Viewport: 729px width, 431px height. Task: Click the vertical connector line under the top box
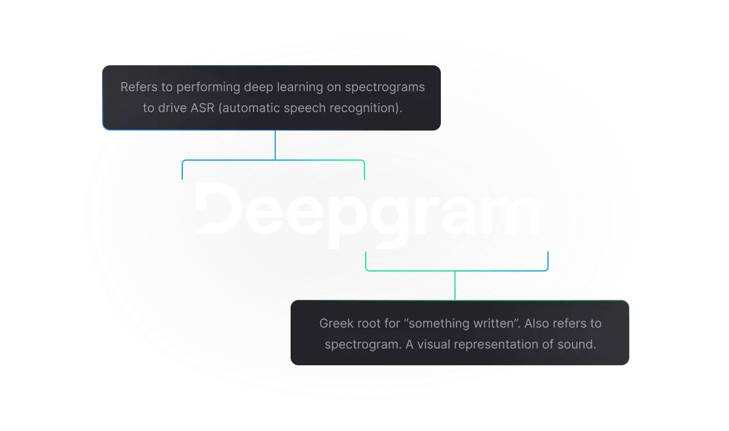click(275, 145)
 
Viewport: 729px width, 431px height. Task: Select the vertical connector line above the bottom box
click(455, 286)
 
